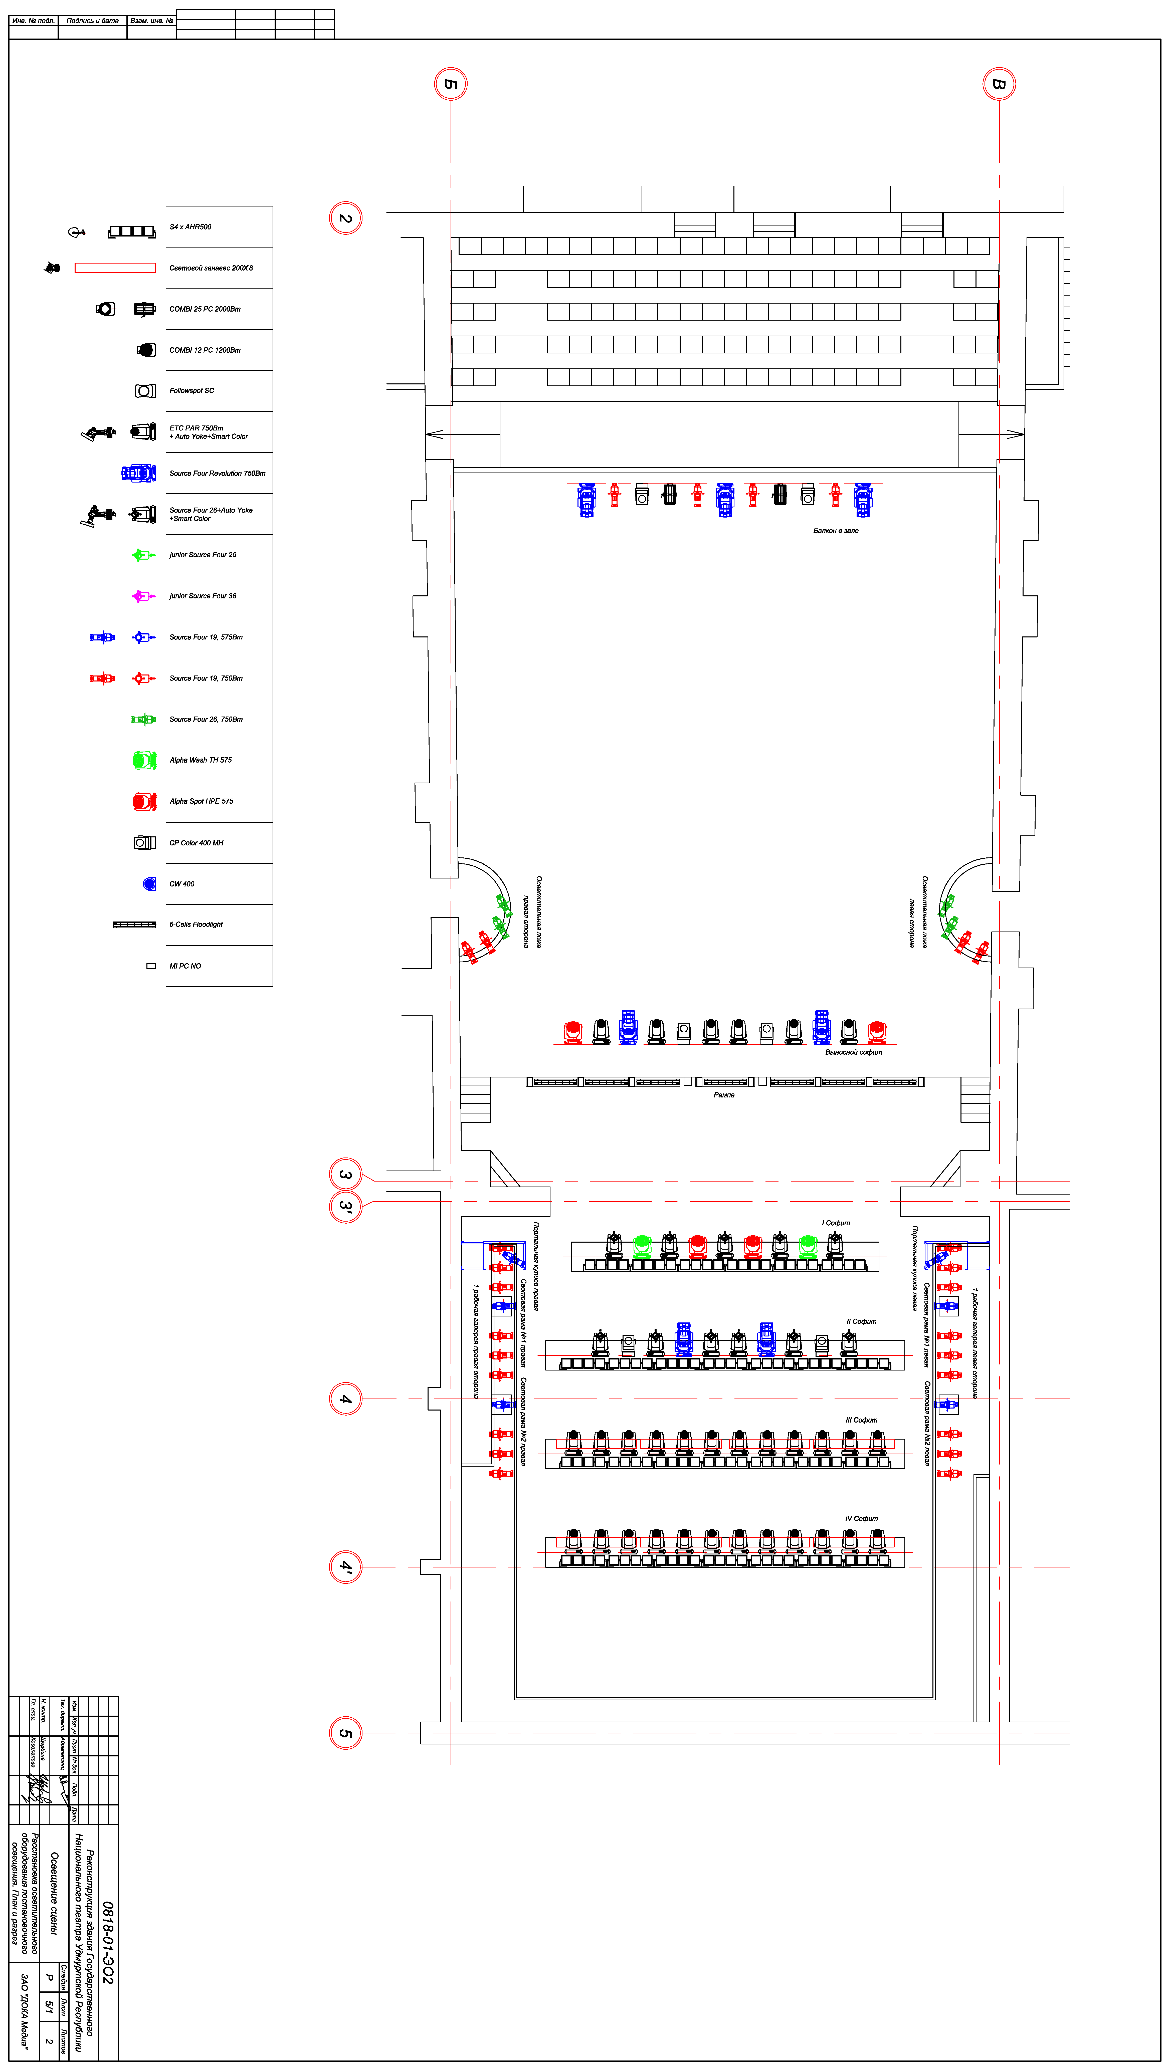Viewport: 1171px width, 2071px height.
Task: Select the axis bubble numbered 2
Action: [346, 218]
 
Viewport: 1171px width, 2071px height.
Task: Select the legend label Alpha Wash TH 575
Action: [200, 760]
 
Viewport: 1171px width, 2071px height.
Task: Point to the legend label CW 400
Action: [182, 883]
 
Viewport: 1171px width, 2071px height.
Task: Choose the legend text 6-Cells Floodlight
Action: [196, 925]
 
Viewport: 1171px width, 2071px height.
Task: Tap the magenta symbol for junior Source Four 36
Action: [142, 596]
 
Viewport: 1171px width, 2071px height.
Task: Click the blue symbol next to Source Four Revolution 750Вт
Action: [138, 473]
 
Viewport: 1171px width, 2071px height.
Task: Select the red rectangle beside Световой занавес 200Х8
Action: [115, 268]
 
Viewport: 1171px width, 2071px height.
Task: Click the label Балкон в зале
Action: [836, 531]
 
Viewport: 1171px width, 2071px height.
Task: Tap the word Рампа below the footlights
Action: [724, 1095]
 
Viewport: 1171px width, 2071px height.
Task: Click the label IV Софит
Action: [861, 1519]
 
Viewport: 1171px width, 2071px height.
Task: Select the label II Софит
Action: [861, 1321]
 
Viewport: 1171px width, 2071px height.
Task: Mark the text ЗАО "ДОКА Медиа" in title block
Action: [24, 2010]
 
